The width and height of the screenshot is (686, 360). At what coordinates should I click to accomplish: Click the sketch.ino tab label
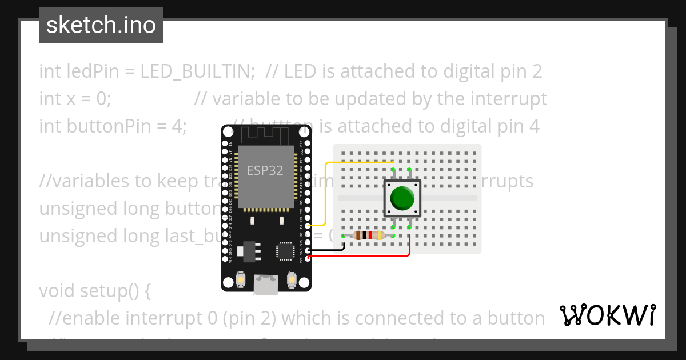pyautogui.click(x=101, y=25)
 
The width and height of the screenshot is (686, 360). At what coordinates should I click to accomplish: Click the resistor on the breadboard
pyautogui.click(x=368, y=235)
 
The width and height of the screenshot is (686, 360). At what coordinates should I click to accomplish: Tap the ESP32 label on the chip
pyautogui.click(x=265, y=170)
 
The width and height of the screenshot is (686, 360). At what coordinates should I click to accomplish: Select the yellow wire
pyautogui.click(x=326, y=194)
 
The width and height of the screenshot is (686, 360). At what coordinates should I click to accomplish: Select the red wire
pyautogui.click(x=366, y=256)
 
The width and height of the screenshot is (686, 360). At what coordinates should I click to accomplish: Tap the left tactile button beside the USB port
pyautogui.click(x=241, y=279)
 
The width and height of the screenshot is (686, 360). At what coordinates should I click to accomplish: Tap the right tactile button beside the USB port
pyautogui.click(x=291, y=279)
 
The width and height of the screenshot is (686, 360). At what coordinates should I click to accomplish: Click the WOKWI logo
pyautogui.click(x=607, y=315)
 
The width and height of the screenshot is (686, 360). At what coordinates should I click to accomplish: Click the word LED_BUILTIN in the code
pyautogui.click(x=197, y=71)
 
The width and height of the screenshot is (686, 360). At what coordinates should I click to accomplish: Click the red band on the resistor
pyautogui.click(x=370, y=235)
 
